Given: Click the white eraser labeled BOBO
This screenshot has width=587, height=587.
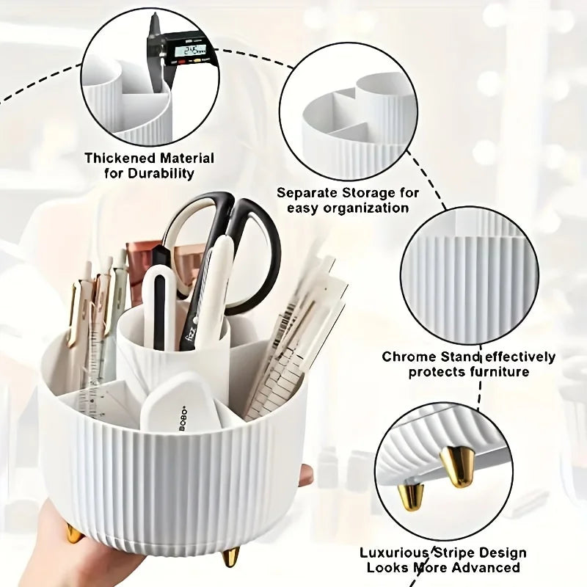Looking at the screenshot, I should tap(179, 403).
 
